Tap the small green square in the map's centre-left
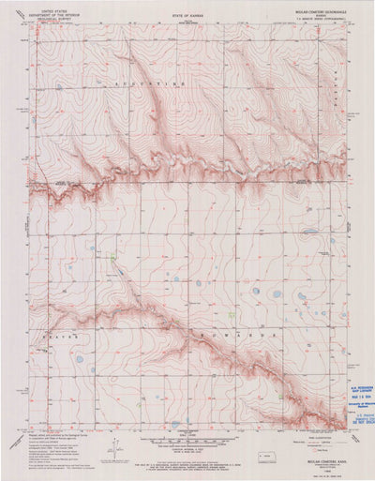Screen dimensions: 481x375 (112, 255)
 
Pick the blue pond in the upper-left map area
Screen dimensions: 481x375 (58, 86)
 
